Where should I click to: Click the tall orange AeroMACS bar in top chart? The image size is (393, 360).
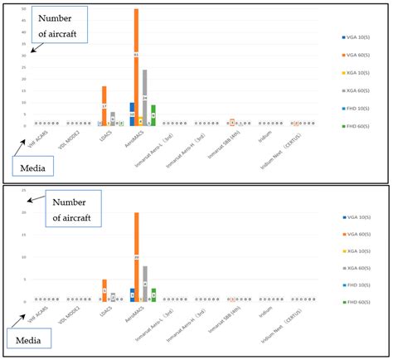(x=136, y=66)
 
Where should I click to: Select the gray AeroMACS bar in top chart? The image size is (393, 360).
(x=144, y=97)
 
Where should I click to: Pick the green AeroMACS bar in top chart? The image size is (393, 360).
(x=153, y=115)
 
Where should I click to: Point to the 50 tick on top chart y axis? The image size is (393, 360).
(x=24, y=9)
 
